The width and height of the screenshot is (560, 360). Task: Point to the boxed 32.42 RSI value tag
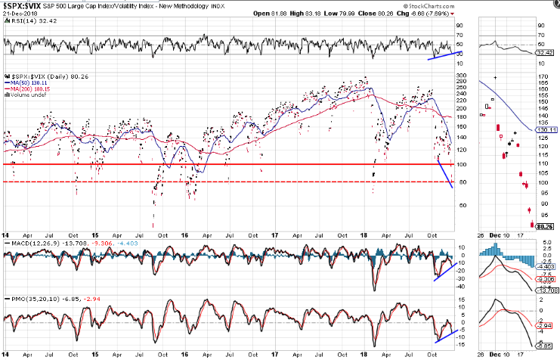546,54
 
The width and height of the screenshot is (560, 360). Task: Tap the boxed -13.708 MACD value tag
546,291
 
